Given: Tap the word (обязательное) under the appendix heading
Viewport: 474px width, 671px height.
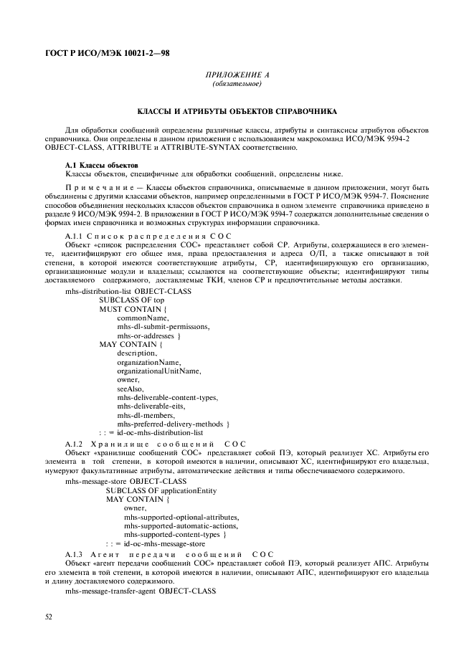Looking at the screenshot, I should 237,85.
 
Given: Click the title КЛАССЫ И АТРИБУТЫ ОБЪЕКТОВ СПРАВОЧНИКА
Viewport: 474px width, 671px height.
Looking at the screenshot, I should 237,113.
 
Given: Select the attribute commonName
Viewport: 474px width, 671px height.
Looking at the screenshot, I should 142,317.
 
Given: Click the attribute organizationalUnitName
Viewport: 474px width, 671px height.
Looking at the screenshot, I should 159,371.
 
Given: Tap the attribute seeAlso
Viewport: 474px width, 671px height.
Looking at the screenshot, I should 131,389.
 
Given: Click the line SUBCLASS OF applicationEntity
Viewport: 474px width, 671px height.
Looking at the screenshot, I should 161,490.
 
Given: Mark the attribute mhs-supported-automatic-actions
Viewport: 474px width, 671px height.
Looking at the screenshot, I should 180,525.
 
